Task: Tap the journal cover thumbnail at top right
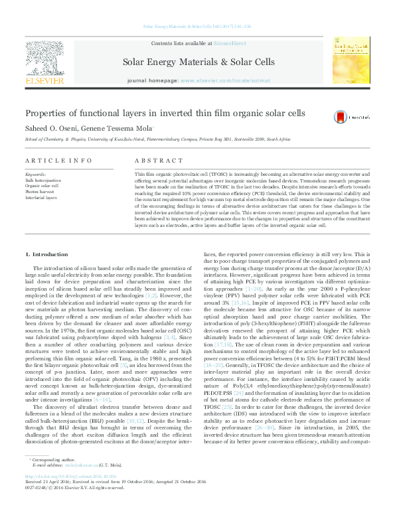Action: [351, 60]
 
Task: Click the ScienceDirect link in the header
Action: [230, 43]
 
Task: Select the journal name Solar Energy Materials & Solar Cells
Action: [198, 62]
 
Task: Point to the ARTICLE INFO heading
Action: [59, 161]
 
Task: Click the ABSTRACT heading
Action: [159, 161]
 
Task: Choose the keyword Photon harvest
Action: [37, 191]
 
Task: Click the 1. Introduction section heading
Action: [46, 255]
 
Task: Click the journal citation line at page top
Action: [197, 27]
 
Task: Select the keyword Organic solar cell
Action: [41, 185]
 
